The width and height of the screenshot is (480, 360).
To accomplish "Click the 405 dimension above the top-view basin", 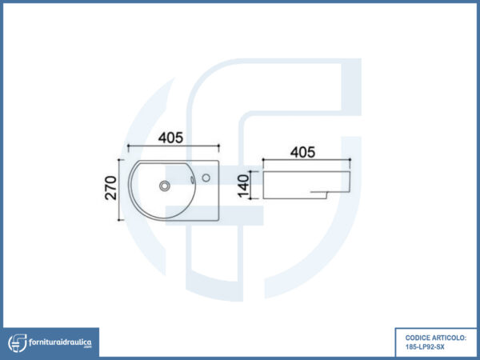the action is coord(170,138).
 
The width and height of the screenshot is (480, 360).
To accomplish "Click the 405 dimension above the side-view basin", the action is coord(302,152).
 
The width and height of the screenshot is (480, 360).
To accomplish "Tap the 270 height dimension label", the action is coord(111,188).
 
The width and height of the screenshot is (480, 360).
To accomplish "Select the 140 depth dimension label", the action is coord(244,186).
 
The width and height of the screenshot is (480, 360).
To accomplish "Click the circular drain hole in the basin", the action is coord(165,186).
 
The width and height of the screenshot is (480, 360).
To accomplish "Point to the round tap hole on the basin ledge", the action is coord(206,178).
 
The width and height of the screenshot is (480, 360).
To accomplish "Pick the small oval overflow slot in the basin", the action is coord(192,180).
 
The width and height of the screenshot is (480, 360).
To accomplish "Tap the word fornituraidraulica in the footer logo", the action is coord(60,342).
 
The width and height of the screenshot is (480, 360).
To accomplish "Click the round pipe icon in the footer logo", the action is coord(18,343).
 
